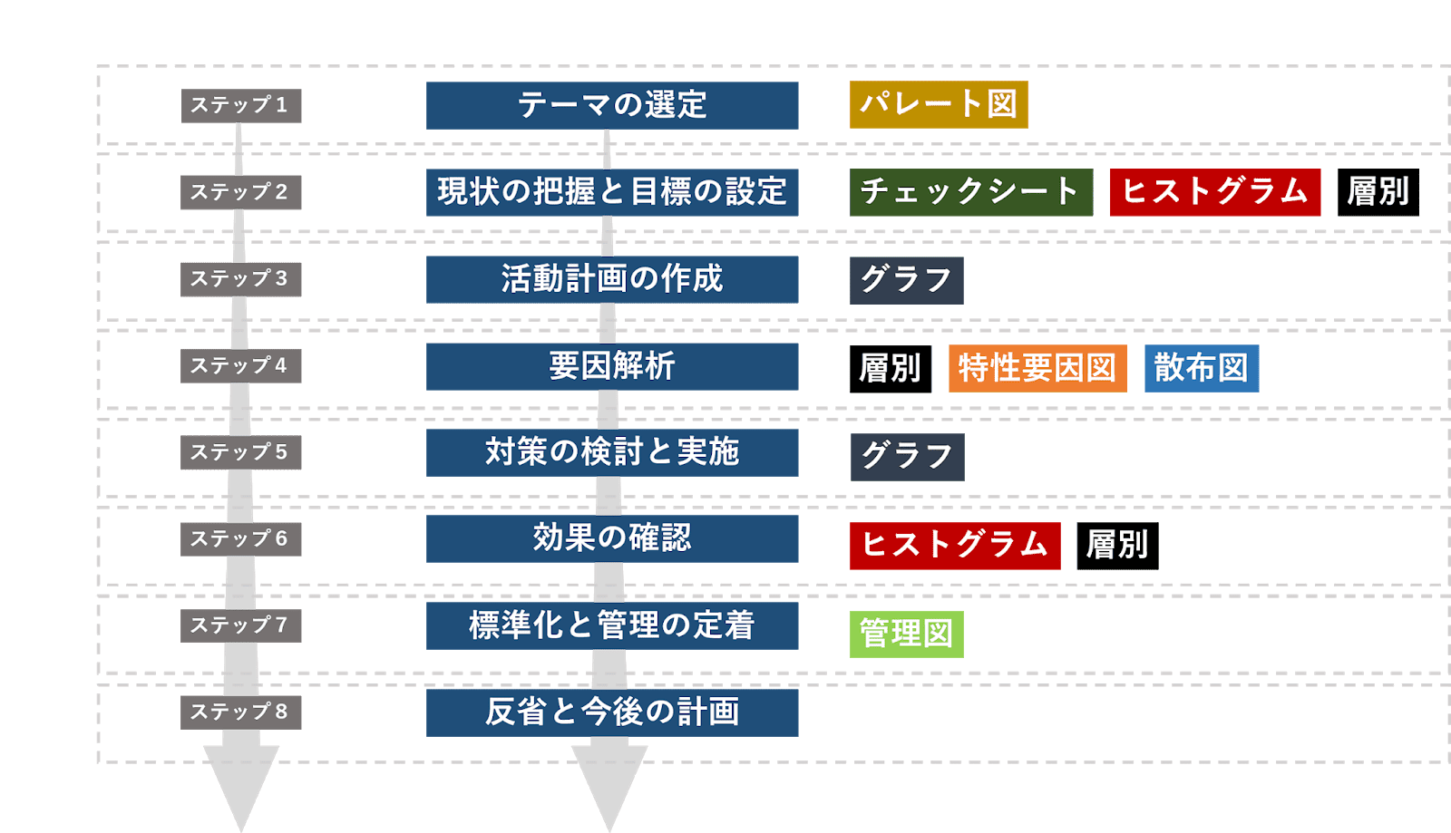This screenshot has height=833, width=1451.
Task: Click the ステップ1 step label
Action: point(240,105)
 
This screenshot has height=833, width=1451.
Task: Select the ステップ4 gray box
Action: point(240,365)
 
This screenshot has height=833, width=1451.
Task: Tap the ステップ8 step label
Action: point(240,712)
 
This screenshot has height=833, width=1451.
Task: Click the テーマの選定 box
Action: point(612,105)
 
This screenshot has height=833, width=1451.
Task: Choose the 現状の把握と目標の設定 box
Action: point(612,192)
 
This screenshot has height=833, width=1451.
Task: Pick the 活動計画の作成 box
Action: point(612,279)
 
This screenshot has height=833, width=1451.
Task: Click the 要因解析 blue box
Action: point(612,366)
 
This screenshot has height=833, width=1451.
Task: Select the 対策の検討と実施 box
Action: point(612,452)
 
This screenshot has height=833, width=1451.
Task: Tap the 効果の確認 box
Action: point(612,538)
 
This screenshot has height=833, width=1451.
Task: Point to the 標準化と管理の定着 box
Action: point(612,625)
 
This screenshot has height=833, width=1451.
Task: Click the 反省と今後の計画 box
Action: point(612,712)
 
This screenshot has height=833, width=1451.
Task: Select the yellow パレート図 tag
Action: point(939,104)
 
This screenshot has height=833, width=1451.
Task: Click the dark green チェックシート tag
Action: point(970,192)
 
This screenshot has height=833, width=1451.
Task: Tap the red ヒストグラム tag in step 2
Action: point(1214,192)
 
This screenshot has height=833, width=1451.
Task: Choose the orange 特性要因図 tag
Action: point(1037,368)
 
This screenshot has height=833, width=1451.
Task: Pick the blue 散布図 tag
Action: point(1201,368)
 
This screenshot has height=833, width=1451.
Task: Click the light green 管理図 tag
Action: point(906,634)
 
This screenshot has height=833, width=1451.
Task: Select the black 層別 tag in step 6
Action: point(1117,546)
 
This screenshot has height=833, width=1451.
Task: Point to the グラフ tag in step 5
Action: point(907,457)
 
